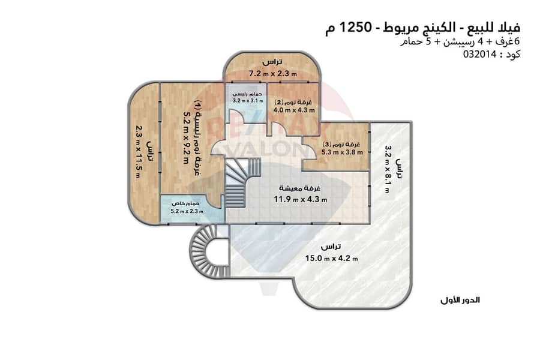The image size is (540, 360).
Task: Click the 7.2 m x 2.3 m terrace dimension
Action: (273, 73)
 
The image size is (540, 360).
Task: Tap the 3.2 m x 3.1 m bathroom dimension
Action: (248, 101)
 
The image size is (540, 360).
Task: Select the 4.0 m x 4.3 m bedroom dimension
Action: (294, 110)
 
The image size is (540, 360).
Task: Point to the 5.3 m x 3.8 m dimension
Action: (343, 152)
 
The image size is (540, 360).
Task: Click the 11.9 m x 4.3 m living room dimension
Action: (301, 199)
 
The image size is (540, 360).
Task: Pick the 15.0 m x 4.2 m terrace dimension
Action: (331, 257)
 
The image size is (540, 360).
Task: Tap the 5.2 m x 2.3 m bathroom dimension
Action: (187, 211)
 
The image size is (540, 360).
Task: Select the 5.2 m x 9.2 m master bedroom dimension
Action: (187, 137)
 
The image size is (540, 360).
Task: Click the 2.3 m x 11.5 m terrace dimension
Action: (138, 151)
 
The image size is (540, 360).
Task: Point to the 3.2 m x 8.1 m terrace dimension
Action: (388, 169)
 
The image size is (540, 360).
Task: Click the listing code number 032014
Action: (479, 55)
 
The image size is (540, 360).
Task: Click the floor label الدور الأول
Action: (460, 300)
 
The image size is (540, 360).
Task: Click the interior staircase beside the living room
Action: (241, 182)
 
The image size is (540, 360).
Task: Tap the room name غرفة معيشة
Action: (299, 188)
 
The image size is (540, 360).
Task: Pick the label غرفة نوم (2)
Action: (293, 103)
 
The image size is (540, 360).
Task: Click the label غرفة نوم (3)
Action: (341, 145)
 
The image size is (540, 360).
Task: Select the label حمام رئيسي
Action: (247, 94)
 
